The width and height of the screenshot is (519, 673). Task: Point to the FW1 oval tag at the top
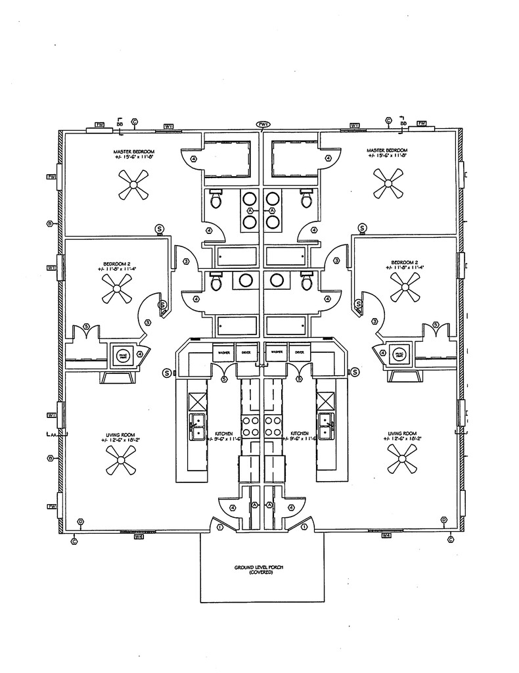pos(263,124)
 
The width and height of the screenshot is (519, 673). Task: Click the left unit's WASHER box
pos(223,352)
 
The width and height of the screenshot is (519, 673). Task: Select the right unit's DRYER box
pos(300,352)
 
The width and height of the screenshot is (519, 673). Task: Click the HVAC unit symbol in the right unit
pos(399,355)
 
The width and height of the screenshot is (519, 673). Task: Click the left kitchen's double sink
pos(197,426)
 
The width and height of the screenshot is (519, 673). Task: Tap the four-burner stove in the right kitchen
pos(270,426)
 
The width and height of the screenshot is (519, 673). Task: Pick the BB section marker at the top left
pos(120,123)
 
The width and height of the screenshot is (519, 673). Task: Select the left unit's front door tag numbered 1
pos(219,527)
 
